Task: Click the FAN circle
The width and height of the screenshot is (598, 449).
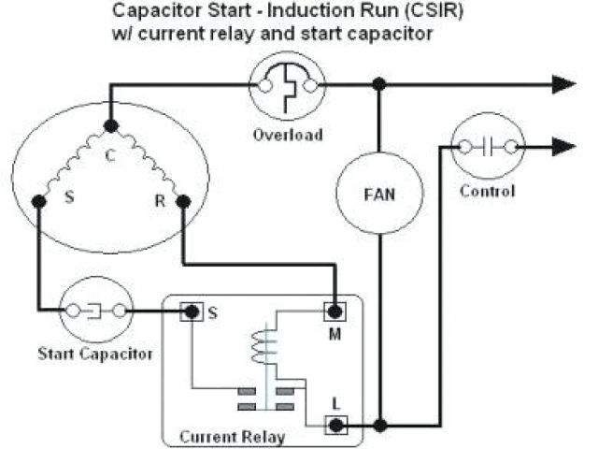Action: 378,196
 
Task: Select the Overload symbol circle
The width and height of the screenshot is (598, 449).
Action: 288,84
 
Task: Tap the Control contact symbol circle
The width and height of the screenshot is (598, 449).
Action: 488,146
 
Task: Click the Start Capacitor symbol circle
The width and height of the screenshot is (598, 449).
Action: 93,310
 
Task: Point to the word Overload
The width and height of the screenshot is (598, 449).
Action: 288,134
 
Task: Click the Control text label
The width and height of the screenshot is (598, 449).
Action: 488,192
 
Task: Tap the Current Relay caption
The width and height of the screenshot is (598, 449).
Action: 232,436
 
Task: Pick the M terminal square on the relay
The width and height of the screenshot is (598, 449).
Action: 334,311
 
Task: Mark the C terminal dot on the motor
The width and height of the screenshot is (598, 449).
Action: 110,125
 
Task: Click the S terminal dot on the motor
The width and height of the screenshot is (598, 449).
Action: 38,201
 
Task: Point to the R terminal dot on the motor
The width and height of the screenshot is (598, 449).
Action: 183,200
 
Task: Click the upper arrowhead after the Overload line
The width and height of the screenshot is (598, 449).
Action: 562,84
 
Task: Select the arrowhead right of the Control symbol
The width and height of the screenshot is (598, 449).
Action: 562,146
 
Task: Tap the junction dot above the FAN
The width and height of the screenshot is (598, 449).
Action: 378,84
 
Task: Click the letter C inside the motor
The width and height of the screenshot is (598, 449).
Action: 110,155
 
